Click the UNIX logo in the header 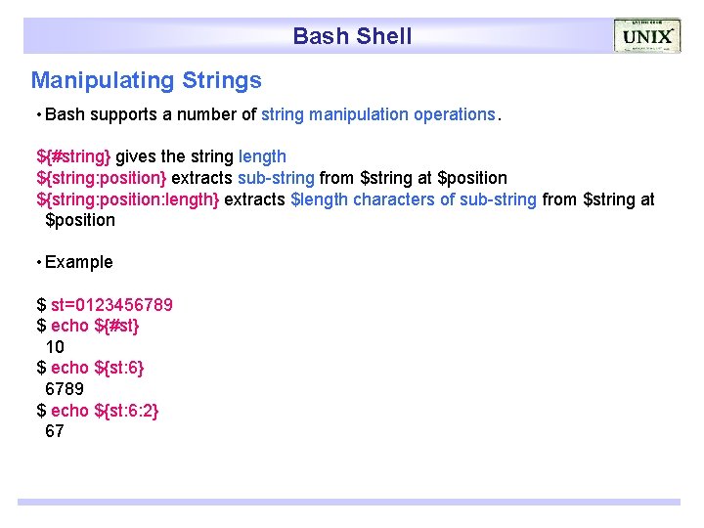point(646,36)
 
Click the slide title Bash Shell point(352,37)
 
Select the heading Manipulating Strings point(147,80)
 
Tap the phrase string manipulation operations point(378,114)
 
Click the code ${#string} point(74,156)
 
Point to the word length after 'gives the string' point(262,156)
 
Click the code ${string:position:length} point(128,199)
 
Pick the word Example point(79,262)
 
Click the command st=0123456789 point(111,304)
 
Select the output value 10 point(55,347)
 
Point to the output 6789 point(65,389)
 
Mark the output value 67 point(55,431)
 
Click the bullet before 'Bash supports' point(37,115)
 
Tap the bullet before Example point(37,263)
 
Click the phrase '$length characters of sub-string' point(414,199)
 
